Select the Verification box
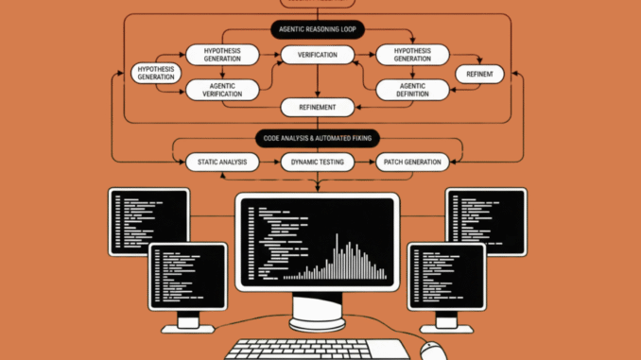pyautogui.click(x=318, y=55)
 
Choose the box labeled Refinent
pyautogui.click(x=479, y=73)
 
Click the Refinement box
pyautogui.click(x=318, y=107)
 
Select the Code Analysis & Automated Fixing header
pyautogui.click(x=318, y=138)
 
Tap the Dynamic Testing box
pyautogui.click(x=318, y=163)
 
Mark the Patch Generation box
pyautogui.click(x=410, y=163)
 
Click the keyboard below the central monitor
pyautogui.click(x=317, y=349)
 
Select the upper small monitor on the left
pyautogui.click(x=148, y=219)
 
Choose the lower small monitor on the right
pyautogui.click(x=446, y=277)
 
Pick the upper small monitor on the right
pyautogui.click(x=485, y=219)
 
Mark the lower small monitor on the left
pyautogui.click(x=187, y=277)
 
